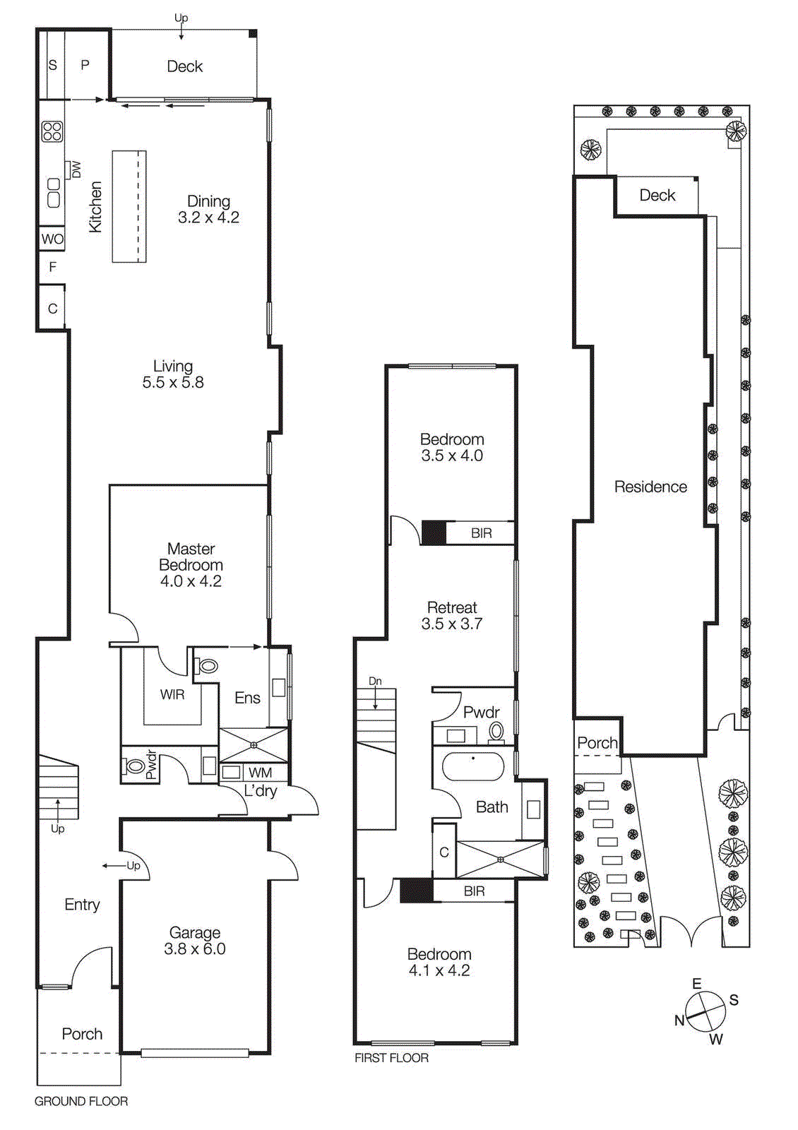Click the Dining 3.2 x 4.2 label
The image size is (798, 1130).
click(x=208, y=210)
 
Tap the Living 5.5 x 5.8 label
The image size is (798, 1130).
click(x=173, y=374)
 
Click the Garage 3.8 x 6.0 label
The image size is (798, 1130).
click(x=195, y=941)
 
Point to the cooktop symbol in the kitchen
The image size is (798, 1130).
click(x=52, y=131)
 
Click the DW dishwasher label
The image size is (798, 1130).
click(x=76, y=169)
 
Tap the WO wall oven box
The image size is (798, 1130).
click(x=52, y=239)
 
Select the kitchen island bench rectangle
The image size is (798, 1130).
click(x=129, y=206)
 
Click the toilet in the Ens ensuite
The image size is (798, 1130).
click(x=206, y=665)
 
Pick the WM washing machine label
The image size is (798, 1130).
click(x=260, y=773)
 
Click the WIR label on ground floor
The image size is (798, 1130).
click(x=172, y=694)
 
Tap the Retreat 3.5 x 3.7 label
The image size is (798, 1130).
click(x=452, y=615)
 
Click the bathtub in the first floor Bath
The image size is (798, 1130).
click(x=473, y=766)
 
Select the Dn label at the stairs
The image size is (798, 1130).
click(x=375, y=681)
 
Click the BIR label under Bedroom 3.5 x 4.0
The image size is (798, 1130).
click(x=481, y=533)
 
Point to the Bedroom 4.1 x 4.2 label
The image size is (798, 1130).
click(x=439, y=962)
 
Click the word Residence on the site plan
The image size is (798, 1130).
click(x=650, y=487)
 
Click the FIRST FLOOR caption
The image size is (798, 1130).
click(x=391, y=1057)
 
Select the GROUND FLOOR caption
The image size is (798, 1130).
click(x=81, y=1101)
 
